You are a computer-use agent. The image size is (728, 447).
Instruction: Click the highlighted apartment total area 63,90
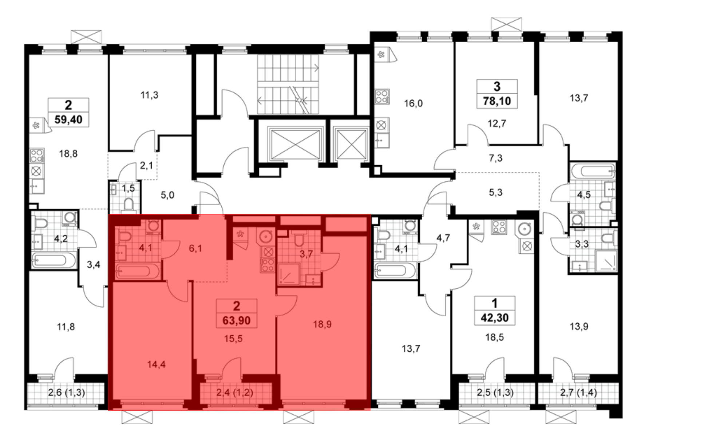237,320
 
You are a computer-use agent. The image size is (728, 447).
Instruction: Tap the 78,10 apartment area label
497,101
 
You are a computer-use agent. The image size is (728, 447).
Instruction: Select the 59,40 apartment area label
68,119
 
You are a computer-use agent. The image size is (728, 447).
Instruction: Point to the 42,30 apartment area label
495,318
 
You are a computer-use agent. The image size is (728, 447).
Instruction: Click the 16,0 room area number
414,104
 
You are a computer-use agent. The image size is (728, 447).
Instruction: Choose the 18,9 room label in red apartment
323,324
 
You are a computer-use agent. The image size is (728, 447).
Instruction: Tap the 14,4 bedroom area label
157,364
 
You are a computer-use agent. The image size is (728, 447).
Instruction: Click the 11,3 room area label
149,95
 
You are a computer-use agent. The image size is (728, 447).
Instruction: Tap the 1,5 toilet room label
128,188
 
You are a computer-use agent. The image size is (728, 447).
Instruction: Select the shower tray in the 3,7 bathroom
289,274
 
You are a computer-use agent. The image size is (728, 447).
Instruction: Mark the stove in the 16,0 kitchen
382,96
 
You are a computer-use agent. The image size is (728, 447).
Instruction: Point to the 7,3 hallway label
496,158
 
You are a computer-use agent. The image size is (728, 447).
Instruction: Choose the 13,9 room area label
579,327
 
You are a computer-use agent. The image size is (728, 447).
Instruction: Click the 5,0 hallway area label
167,195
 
